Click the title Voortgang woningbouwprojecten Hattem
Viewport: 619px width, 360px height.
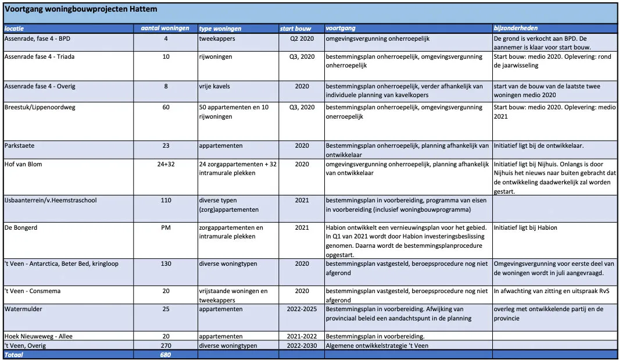(81, 9)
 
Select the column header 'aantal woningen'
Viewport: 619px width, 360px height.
(166, 28)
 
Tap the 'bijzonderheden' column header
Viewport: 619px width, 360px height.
(516, 28)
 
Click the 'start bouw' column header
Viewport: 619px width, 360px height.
(296, 28)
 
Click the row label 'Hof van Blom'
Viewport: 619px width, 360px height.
(23, 164)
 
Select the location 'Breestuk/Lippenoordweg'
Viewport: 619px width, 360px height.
(40, 107)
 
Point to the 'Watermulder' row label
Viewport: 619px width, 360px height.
(23, 309)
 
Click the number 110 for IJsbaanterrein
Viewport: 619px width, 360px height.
(166, 200)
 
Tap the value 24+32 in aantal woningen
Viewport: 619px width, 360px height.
(166, 164)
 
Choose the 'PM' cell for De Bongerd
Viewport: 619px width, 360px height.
(166, 227)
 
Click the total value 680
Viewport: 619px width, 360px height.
(166, 354)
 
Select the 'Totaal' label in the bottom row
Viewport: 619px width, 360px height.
(14, 354)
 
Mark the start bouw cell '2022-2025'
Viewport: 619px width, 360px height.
(302, 309)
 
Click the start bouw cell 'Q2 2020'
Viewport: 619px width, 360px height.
(302, 38)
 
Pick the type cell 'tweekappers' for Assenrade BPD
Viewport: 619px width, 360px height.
(216, 38)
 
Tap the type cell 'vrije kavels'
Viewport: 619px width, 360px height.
(214, 86)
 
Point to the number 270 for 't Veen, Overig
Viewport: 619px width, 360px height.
(166, 345)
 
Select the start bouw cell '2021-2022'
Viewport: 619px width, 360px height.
(302, 336)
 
